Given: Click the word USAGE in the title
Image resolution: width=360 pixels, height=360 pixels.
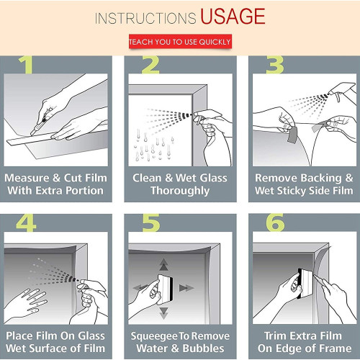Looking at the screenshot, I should (232, 16).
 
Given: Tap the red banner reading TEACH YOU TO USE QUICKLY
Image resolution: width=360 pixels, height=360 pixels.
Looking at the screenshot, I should (180, 42).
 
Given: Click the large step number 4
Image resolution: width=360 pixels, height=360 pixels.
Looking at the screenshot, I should (27, 224).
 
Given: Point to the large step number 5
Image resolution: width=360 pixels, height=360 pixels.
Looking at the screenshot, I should (149, 224).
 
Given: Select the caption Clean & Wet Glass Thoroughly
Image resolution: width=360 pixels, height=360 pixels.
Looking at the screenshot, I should (179, 184).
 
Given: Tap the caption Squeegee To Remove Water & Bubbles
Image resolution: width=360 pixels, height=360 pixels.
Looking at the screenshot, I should (179, 343).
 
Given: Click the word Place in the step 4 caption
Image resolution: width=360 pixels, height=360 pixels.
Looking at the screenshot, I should (21, 336).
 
